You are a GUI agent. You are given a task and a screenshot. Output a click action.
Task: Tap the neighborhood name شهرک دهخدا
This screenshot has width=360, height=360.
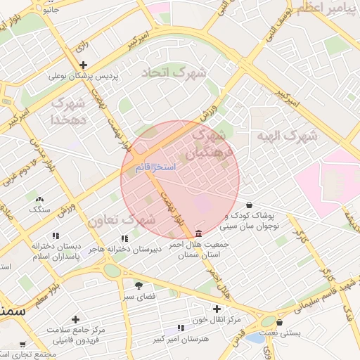coord(68,112)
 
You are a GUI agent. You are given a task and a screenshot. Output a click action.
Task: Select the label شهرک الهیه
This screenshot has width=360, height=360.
coord(284,136)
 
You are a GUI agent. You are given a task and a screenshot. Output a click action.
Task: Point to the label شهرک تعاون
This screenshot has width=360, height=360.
coord(121,221)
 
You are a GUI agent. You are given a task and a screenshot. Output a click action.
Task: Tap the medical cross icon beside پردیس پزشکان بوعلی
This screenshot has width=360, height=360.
coord(84,65)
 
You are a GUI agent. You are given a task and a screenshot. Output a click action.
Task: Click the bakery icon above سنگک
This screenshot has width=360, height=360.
coord(39,199)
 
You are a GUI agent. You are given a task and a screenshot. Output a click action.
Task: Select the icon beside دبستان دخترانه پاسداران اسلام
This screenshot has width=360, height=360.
coord(56,236)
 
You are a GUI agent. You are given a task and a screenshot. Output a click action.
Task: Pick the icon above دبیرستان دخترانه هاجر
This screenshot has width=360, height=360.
coord(124,238)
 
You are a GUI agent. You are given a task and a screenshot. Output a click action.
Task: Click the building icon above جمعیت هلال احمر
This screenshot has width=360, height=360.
coord(199,233)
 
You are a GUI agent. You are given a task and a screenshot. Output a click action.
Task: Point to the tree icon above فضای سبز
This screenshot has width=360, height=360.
coord(138,285)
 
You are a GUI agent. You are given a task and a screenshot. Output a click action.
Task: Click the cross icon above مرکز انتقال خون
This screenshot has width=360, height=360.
coord(217,309)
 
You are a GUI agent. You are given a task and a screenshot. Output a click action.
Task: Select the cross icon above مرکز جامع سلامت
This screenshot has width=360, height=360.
coord(75,319)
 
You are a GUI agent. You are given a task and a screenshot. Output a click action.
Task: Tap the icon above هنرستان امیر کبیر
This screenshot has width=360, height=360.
coord(181,328)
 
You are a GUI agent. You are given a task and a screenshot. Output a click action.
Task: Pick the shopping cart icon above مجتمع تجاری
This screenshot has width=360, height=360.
coord(22,345)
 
